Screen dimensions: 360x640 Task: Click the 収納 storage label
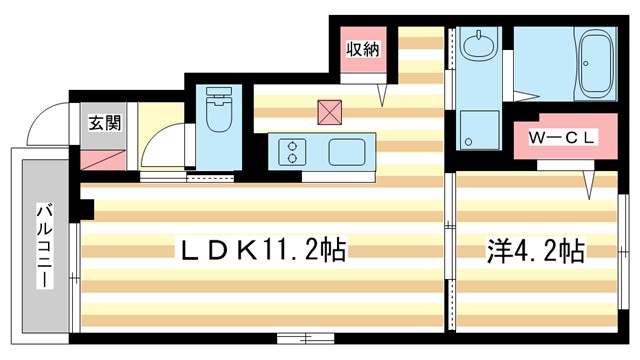tap(362, 49)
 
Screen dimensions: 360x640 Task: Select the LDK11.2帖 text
tap(262, 249)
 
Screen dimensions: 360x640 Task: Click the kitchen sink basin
tap(348, 153)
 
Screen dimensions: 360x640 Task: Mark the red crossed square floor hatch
tap(328, 110)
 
